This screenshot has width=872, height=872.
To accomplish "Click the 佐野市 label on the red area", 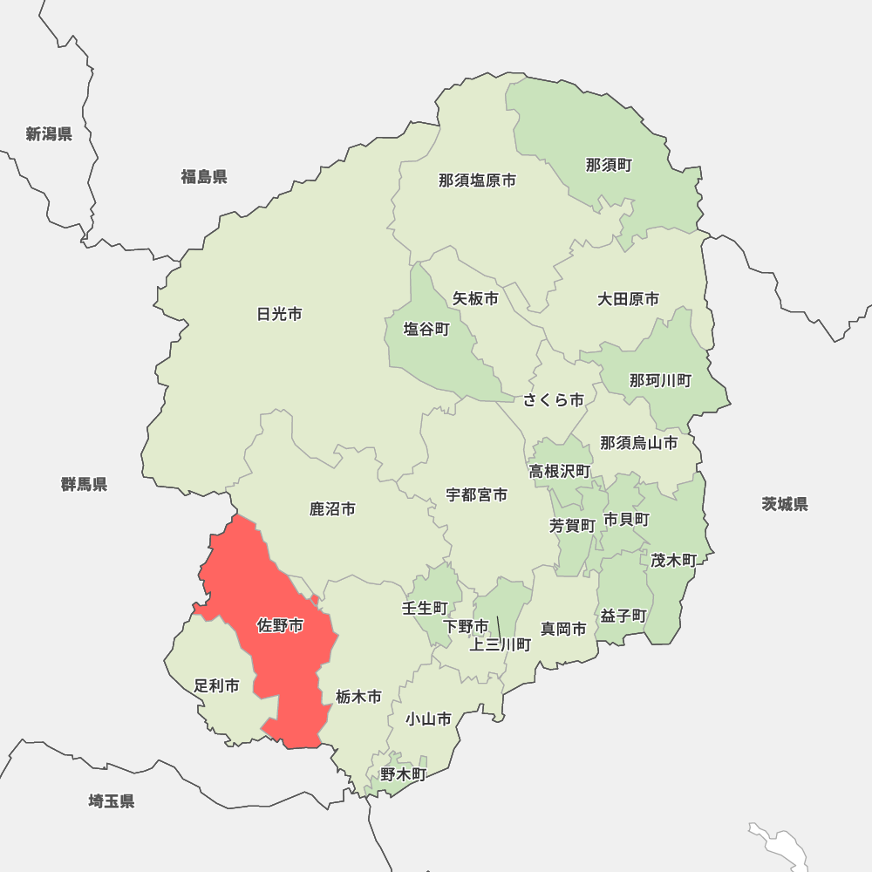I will (x=280, y=626).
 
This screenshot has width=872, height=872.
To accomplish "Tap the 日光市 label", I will (x=280, y=314).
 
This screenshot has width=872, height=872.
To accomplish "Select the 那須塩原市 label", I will (x=477, y=181).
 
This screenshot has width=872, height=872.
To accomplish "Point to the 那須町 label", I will (x=609, y=165).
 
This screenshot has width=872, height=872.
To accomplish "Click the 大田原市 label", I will (x=628, y=299).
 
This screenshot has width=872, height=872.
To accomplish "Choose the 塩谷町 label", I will (x=426, y=330).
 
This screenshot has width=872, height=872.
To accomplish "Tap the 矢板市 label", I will (x=475, y=298).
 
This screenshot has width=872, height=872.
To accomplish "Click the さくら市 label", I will (x=554, y=400).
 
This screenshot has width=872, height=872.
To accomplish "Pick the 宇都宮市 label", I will (x=477, y=494).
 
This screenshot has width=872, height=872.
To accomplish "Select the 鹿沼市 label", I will (x=332, y=508).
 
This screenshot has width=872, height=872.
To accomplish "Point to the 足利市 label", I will (x=216, y=686).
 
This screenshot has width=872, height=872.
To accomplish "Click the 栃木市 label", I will (x=358, y=697).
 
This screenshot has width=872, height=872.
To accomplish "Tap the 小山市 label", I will (x=428, y=719).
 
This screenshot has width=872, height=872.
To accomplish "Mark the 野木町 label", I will (x=403, y=773).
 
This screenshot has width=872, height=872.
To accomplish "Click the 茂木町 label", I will (x=673, y=560).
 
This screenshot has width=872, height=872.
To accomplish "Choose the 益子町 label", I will (x=623, y=616).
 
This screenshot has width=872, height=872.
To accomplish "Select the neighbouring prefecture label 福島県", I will (x=204, y=177).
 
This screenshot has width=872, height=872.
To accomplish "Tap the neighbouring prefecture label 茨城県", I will (x=785, y=504).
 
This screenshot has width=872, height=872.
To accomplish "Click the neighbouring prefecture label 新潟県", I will (x=49, y=134).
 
